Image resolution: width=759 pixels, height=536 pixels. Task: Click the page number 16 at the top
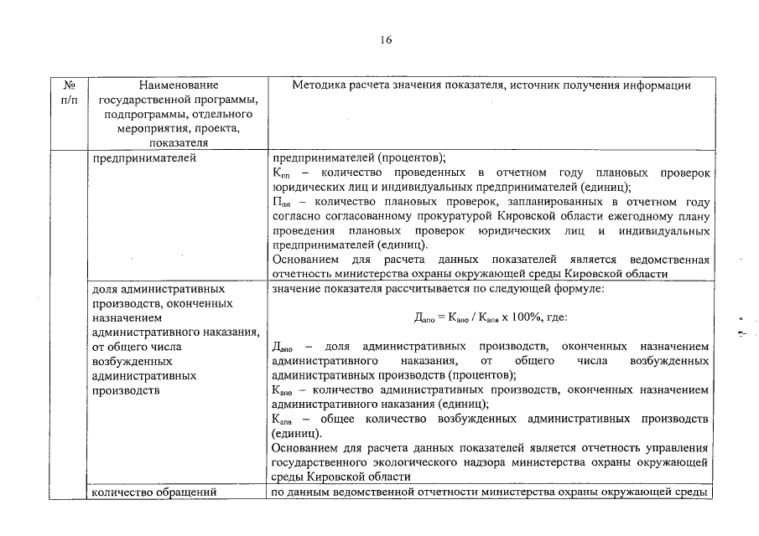coord(386,40)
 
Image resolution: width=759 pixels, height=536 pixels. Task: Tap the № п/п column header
coord(70,92)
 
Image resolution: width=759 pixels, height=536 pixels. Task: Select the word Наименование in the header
coord(179,85)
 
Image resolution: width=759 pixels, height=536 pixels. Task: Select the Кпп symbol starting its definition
coord(281,173)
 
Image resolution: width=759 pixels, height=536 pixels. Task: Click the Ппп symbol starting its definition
coord(282,202)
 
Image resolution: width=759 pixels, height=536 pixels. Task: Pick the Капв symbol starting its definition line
coord(283,418)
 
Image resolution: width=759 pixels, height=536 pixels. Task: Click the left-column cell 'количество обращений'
coord(157,492)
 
